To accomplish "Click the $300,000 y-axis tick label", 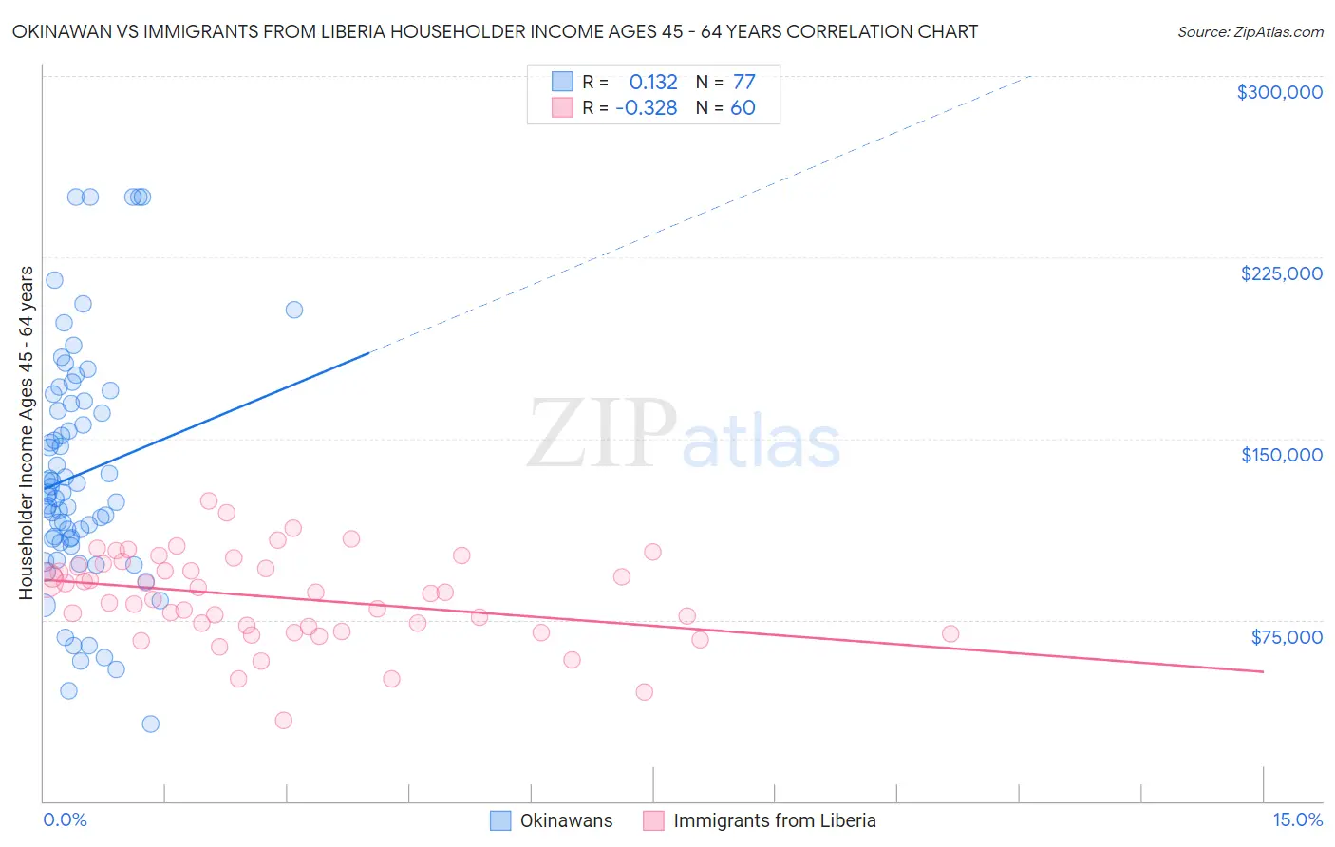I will tap(1279, 92).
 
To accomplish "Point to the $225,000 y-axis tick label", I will tap(1281, 273).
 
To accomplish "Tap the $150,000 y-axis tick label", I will tap(1281, 455).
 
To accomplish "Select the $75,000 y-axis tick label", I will tap(1287, 636).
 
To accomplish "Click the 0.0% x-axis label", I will tap(65, 819).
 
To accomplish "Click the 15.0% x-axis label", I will tap(1297, 819).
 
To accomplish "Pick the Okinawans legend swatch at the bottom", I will tap(500, 820).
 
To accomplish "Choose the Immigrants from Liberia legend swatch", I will tap(653, 820).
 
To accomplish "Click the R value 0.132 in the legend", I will tap(653, 83).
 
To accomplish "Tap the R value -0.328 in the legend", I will tap(647, 108).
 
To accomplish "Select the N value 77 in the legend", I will tap(743, 83).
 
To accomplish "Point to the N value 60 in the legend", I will tap(743, 108).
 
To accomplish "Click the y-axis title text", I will tap(26, 433).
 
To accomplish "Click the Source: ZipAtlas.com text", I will tap(1250, 32).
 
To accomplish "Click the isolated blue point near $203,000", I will tap(294, 310).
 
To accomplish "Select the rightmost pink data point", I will tap(950, 633).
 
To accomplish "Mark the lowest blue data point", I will tap(150, 724).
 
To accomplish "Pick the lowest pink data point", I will tap(283, 720).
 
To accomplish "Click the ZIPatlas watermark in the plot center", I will tap(684, 435).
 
